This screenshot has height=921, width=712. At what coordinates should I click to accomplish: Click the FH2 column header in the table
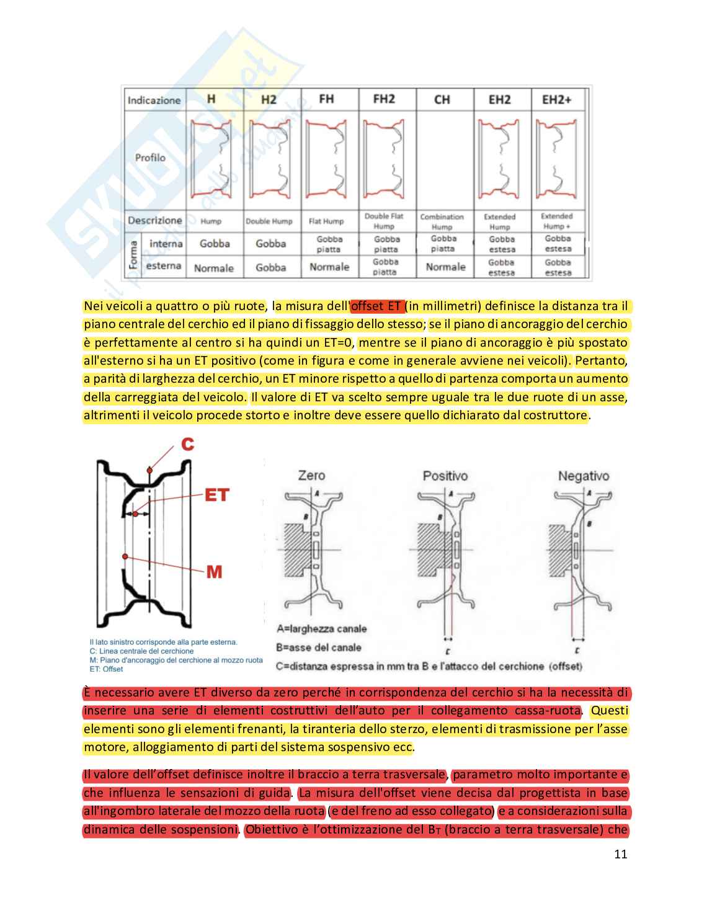[384, 99]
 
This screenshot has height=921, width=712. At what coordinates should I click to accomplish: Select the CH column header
[442, 99]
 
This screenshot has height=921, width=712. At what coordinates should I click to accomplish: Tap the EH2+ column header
[557, 99]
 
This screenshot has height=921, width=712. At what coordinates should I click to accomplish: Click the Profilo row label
[150, 158]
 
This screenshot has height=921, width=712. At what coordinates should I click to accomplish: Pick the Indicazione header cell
[154, 100]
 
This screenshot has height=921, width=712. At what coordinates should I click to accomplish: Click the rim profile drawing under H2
[269, 159]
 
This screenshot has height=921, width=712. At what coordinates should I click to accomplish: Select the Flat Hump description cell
[326, 221]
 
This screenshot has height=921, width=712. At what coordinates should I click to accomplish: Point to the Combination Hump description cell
[442, 221]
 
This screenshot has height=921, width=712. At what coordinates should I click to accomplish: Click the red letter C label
[188, 444]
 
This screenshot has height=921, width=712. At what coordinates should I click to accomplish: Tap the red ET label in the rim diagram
[216, 495]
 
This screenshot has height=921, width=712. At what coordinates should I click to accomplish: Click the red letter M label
[214, 571]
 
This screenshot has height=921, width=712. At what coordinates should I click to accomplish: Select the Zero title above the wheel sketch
[311, 476]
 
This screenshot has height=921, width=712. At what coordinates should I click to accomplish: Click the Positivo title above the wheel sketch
[445, 476]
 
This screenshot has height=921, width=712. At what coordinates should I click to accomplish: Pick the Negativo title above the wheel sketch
[583, 476]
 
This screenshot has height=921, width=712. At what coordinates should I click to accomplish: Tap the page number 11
[620, 854]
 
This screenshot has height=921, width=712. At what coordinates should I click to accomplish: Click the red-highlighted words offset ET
[376, 306]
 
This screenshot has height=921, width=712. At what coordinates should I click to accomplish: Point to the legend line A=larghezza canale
[322, 629]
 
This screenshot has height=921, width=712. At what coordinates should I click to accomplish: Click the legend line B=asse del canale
[319, 647]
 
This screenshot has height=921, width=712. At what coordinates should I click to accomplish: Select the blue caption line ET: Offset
[106, 669]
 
